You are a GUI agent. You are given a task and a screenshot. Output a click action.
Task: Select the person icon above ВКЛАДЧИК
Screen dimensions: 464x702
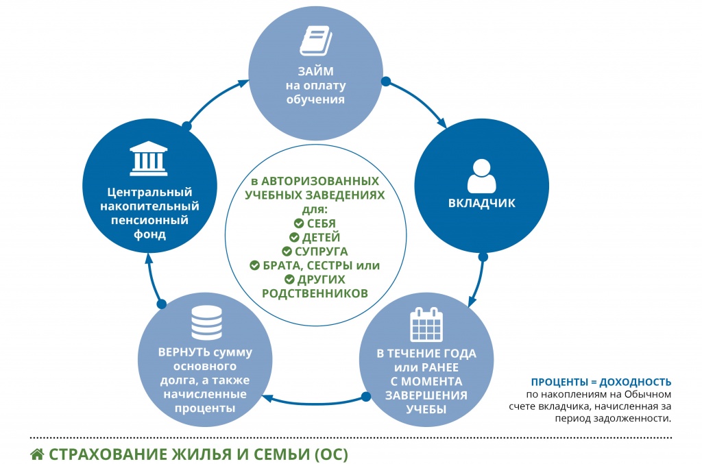pyautogui.click(x=481, y=175)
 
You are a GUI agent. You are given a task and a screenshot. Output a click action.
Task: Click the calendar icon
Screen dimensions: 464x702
pyautogui.click(x=427, y=325)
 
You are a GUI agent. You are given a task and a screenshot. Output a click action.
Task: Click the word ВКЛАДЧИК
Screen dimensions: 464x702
pyautogui.click(x=481, y=204)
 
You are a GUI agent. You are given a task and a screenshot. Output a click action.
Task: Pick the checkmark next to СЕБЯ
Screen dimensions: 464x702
pyautogui.click(x=298, y=223)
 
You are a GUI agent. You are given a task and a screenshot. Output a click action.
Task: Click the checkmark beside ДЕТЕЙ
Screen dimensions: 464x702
pyautogui.click(x=295, y=237)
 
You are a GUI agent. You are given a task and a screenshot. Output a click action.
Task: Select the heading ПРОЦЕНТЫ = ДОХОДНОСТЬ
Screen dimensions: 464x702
pyautogui.click(x=601, y=382)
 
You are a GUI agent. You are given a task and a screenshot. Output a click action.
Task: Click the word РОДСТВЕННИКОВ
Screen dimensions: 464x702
pyautogui.click(x=315, y=293)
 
